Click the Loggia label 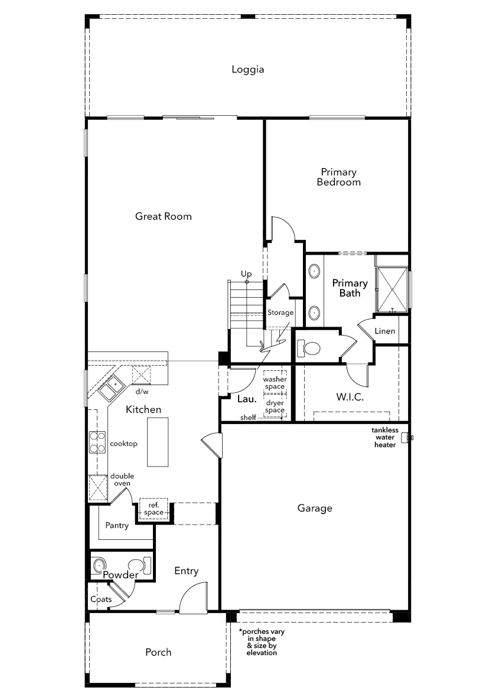pyautogui.click(x=247, y=70)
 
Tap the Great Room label pyautogui.click(x=164, y=216)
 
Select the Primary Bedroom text pyautogui.click(x=339, y=177)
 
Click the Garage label pyautogui.click(x=315, y=508)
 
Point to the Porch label pyautogui.click(x=158, y=652)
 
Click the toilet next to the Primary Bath pyautogui.click(x=308, y=348)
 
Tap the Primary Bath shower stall pyautogui.click(x=391, y=289)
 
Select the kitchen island pyautogui.click(x=158, y=442)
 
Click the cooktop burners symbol pyautogui.click(x=97, y=442)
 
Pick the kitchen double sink pyautogui.click(x=111, y=387)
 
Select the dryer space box pyautogui.click(x=275, y=406)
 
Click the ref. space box pyautogui.click(x=154, y=509)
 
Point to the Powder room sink pyautogui.click(x=99, y=565)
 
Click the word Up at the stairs pyautogui.click(x=246, y=274)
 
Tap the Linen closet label pyautogui.click(x=385, y=331)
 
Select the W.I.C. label pyautogui.click(x=350, y=397)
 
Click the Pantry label pyautogui.click(x=117, y=526)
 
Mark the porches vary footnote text pyautogui.click(x=262, y=642)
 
